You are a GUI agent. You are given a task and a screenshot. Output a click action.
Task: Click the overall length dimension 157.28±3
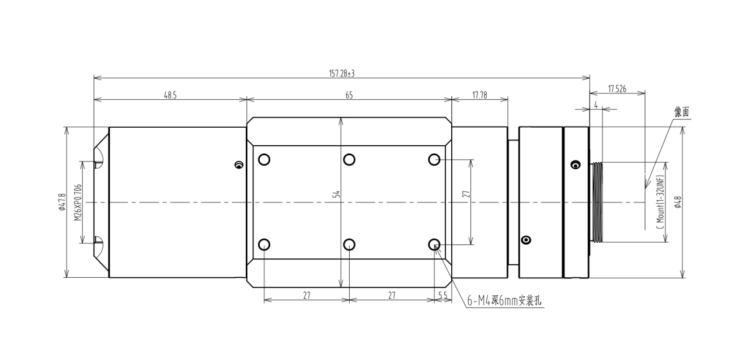click(341, 74)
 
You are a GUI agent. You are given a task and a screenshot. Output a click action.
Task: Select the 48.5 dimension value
click(170, 95)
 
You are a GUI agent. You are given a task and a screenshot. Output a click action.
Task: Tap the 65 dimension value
click(349, 96)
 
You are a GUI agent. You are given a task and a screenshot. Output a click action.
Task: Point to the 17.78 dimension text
click(480, 95)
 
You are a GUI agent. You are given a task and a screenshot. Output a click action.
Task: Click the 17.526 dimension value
click(617, 89)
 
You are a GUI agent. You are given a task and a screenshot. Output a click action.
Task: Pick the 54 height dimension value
click(337, 194)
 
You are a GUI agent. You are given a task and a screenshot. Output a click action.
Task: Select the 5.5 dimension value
click(443, 295)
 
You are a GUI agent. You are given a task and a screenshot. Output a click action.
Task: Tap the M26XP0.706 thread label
click(78, 202)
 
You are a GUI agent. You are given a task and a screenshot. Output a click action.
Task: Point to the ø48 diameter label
click(678, 202)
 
